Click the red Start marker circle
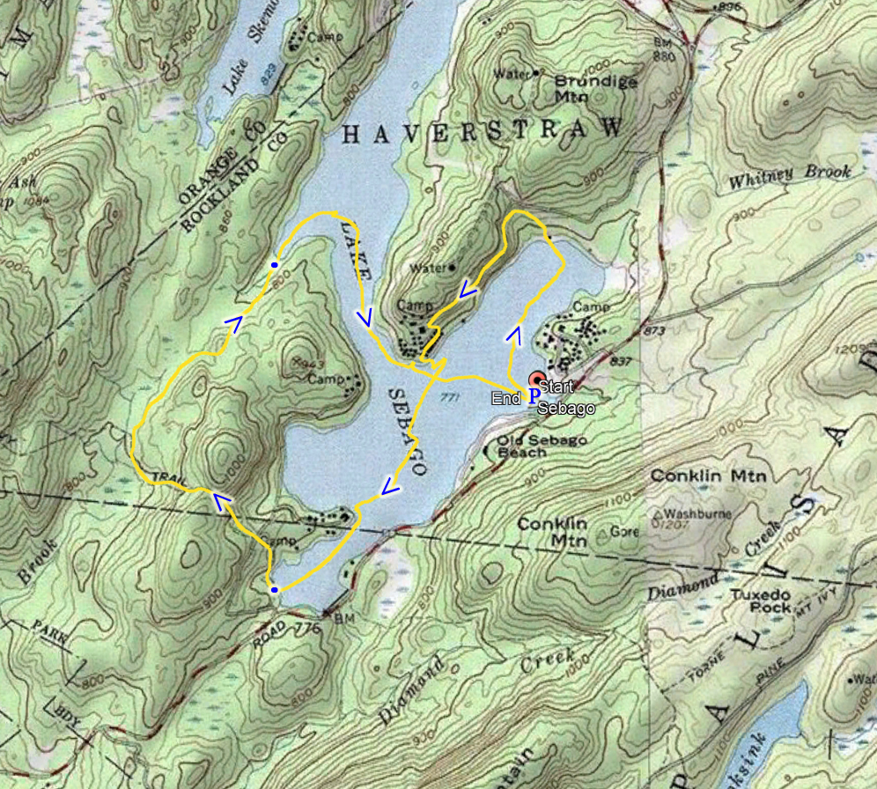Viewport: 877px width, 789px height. [x=536, y=380]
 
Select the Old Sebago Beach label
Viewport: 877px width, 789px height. [x=534, y=446]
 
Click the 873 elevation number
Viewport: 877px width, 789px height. [x=653, y=330]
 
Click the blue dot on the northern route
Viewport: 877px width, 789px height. [x=275, y=264]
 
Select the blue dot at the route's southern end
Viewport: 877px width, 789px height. [x=275, y=589]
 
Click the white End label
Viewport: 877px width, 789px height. [x=505, y=399]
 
